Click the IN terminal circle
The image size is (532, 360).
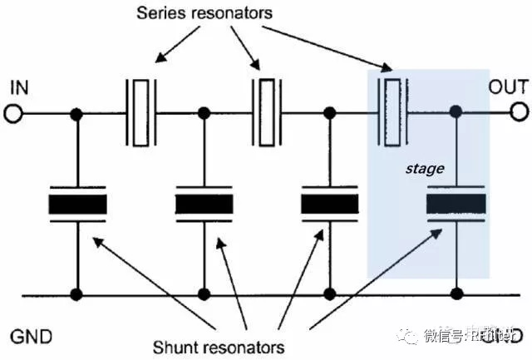14,112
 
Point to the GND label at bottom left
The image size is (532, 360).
32,337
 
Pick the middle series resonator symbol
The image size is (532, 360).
267,112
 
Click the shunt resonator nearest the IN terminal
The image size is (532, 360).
77,204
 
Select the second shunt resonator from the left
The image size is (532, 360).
204,204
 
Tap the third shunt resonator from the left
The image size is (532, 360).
330,204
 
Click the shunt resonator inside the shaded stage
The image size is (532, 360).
456,204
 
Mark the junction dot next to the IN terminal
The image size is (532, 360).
77,112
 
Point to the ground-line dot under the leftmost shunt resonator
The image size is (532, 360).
77,294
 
